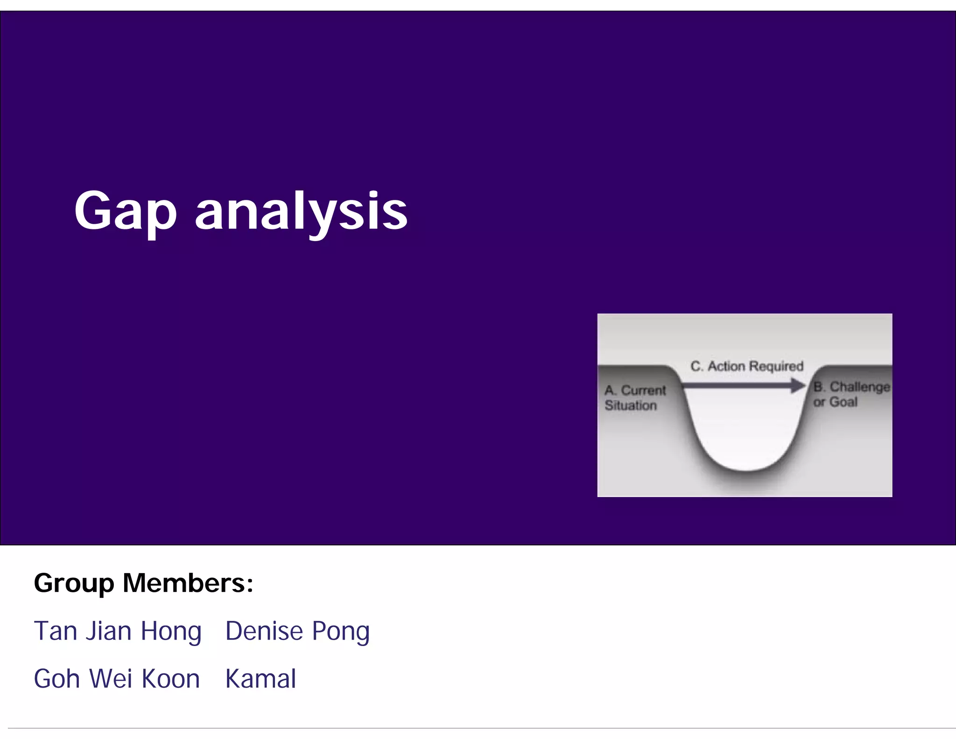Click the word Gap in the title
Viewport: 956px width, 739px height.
pos(125,211)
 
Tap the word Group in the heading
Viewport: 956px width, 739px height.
pos(74,583)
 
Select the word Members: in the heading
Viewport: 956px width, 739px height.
pos(188,583)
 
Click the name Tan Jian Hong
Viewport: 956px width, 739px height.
pos(118,631)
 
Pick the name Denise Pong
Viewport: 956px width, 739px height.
pos(297,631)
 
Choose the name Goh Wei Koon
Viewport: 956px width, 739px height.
pos(117,679)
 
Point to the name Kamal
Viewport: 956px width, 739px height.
pos(260,679)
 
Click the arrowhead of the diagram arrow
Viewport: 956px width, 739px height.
pos(798,385)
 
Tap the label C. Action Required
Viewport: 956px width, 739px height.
pos(747,366)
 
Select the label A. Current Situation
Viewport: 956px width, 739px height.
pos(635,398)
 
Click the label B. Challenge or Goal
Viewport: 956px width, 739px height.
pos(851,394)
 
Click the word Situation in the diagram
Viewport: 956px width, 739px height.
pos(631,405)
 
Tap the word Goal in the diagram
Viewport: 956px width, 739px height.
pos(843,402)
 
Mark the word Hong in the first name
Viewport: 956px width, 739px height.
pos(171,631)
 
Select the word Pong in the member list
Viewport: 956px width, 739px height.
pos(341,631)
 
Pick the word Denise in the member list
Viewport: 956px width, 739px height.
pos(264,631)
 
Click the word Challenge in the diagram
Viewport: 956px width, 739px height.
pos(859,387)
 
